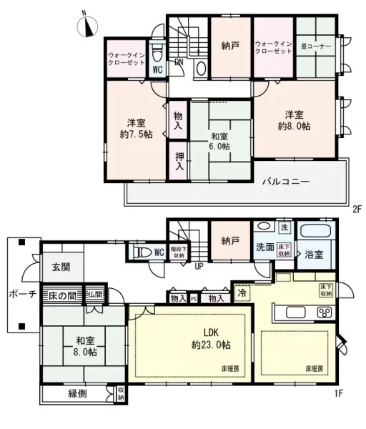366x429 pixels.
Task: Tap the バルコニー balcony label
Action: click(x=285, y=182)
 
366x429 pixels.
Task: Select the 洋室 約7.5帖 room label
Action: click(x=135, y=127)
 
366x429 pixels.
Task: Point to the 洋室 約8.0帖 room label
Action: click(x=295, y=120)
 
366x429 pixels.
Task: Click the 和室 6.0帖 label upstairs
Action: click(x=219, y=141)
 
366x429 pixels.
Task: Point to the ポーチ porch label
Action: click(x=21, y=294)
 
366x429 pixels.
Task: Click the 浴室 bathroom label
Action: click(x=314, y=254)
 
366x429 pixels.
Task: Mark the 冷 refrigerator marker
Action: click(x=242, y=292)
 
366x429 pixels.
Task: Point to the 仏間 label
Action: click(x=95, y=294)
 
